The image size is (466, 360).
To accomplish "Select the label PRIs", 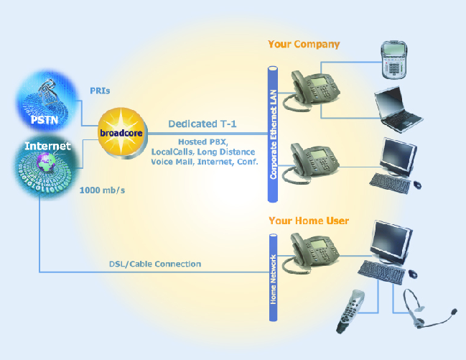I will pos(100,91).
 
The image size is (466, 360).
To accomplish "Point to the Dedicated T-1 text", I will pos(203,124).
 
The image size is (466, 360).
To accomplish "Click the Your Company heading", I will pos(304,44).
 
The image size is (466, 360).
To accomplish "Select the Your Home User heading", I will pos(309,220).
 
